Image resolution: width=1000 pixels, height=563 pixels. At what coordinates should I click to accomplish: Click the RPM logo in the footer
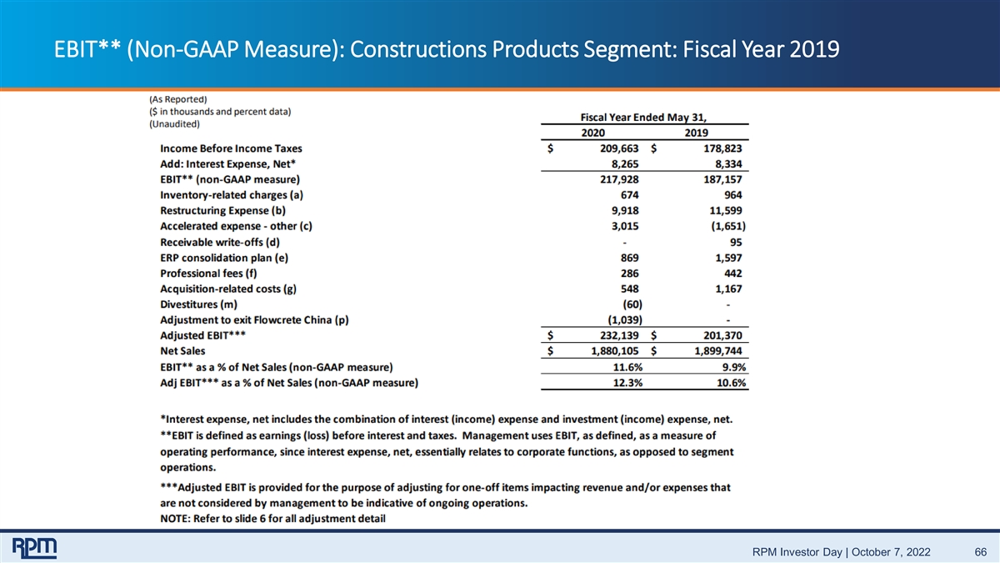pos(34,548)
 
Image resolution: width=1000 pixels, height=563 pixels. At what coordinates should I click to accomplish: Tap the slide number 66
pos(980,552)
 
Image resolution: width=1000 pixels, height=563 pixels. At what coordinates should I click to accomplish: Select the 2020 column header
pos(592,133)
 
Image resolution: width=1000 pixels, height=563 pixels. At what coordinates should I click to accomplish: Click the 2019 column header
pos(697,133)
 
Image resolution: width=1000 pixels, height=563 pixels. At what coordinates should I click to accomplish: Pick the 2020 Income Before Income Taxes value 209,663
pos(619,148)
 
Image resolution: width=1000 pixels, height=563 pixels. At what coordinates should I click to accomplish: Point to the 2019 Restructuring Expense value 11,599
pos(726,210)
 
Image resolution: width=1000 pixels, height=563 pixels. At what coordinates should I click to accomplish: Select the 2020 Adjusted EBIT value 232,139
pos(619,335)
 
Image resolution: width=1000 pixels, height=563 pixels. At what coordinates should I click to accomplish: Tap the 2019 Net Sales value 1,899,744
pos(718,351)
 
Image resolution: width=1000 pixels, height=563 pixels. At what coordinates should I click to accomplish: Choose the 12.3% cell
pos(627,383)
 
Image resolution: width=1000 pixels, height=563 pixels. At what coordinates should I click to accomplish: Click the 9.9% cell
pos(734,367)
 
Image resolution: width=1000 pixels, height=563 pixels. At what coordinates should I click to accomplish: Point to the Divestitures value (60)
pos(632,304)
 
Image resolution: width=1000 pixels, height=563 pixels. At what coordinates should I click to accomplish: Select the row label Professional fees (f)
pos(208,274)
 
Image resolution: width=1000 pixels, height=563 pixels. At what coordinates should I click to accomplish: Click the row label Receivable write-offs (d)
pos(220,242)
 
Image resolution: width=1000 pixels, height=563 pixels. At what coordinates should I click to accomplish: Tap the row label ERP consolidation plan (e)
pos(224,258)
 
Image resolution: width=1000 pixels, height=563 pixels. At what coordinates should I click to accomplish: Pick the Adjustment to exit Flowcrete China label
pos(254,320)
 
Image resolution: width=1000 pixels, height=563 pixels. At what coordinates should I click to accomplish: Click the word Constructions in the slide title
pos(417,49)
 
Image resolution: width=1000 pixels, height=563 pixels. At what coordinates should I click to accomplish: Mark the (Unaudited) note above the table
pos(174,123)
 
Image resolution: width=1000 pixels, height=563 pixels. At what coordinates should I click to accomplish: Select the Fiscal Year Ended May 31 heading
pos(643,118)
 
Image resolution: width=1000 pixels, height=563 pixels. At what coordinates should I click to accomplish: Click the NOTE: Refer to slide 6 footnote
pos(272,519)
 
